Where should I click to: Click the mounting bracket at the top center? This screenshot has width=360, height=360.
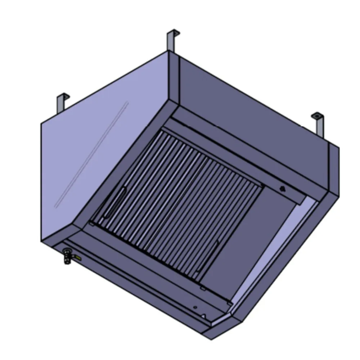coord(171,40)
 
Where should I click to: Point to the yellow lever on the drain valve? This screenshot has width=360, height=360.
coord(77,257)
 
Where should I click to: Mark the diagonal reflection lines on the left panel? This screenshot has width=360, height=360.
coord(92,155)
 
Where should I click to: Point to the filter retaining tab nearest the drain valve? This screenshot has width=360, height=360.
coord(93,225)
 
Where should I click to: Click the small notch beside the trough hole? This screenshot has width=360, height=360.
coord(204,316)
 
